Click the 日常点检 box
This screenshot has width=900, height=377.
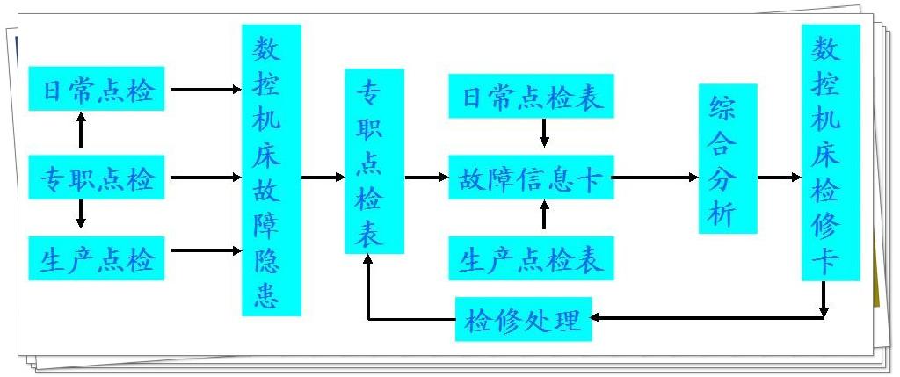97,88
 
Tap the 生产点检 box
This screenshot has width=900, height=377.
97,258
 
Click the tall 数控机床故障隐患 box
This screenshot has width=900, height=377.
272,170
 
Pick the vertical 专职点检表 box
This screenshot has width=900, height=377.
374,161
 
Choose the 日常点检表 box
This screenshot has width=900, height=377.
531,97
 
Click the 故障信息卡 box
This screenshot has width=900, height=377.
531,178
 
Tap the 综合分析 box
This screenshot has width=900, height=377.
728,159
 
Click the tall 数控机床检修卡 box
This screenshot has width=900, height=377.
830,152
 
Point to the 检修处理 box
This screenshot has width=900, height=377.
524,319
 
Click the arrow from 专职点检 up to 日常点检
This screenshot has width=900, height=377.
82,130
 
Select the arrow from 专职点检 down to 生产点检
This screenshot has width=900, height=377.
82,214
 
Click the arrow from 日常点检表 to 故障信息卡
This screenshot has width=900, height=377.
544,133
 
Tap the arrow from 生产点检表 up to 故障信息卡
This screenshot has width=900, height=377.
544,215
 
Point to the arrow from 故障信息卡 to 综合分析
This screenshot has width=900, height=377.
655,178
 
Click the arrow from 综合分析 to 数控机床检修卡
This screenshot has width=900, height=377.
779,178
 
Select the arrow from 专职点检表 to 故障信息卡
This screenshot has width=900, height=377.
426,178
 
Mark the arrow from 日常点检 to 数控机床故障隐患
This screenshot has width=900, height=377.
204,89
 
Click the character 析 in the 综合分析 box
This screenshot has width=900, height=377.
728,213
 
